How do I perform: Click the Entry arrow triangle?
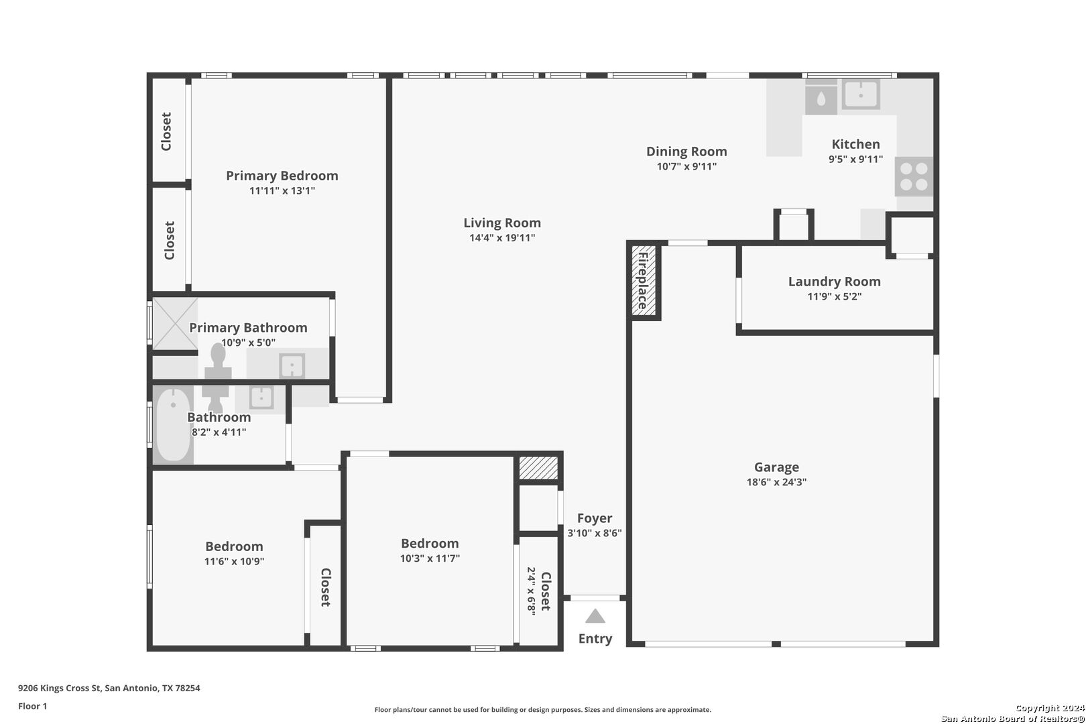(x=595, y=616)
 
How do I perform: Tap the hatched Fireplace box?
(x=644, y=280)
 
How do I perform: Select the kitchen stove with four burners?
(x=914, y=176)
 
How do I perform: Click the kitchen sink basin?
(x=861, y=95)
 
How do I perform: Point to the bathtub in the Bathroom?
(x=173, y=425)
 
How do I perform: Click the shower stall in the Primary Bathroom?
(x=175, y=323)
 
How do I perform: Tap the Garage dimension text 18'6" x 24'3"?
(x=776, y=482)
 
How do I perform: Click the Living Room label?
(x=502, y=223)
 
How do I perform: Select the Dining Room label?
(x=686, y=152)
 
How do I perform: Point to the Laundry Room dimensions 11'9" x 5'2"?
(x=834, y=296)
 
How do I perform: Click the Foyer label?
(x=595, y=518)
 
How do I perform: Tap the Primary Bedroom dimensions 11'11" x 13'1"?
(x=282, y=190)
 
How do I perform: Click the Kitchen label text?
(x=855, y=144)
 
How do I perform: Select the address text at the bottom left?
(x=109, y=688)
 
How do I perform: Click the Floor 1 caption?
(x=32, y=706)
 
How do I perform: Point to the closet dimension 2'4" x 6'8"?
(x=532, y=591)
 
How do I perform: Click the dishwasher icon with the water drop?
(x=821, y=98)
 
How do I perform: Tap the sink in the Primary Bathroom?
(x=292, y=365)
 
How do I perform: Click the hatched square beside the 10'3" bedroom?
(x=538, y=467)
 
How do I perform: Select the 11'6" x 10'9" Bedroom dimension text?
(x=234, y=562)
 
